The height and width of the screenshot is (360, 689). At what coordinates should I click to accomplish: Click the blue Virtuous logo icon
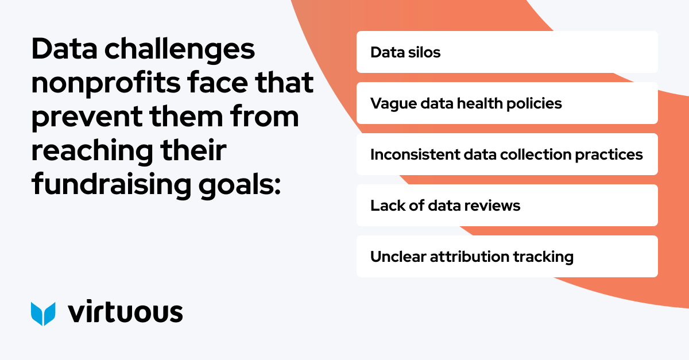[x=43, y=313]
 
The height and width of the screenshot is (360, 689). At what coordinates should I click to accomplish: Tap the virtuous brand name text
[x=125, y=312]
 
